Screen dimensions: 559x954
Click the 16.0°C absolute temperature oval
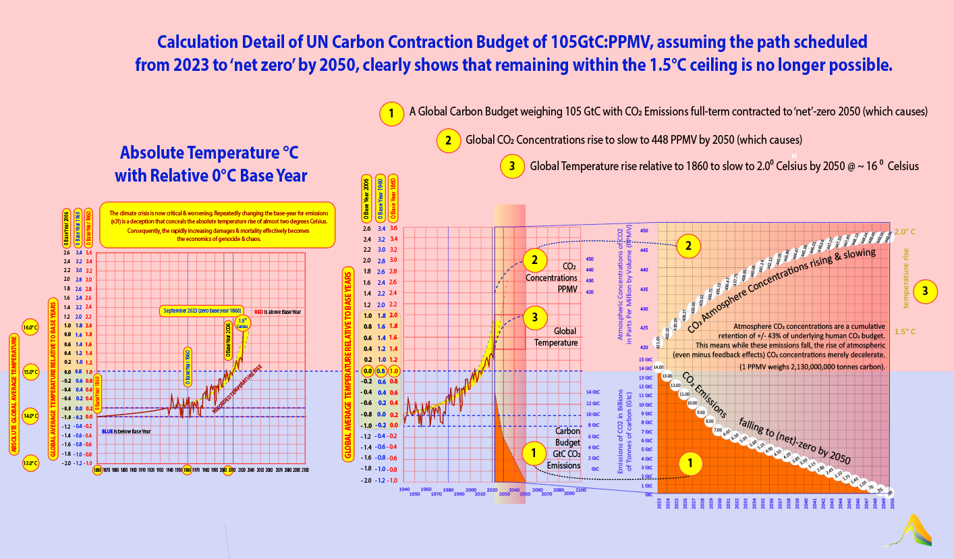point(30,327)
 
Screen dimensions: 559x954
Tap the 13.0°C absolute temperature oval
point(30,463)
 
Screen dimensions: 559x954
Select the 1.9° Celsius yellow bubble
point(242,321)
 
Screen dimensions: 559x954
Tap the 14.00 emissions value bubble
point(658,367)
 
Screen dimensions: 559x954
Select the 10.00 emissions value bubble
point(692,403)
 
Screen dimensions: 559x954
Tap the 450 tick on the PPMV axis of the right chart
point(644,231)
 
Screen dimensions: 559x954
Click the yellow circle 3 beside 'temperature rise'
point(925,292)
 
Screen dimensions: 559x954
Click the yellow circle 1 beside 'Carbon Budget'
point(533,453)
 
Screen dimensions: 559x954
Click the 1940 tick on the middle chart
point(404,489)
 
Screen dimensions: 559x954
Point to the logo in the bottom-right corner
point(917,529)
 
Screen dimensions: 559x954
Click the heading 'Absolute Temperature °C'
point(211,153)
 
